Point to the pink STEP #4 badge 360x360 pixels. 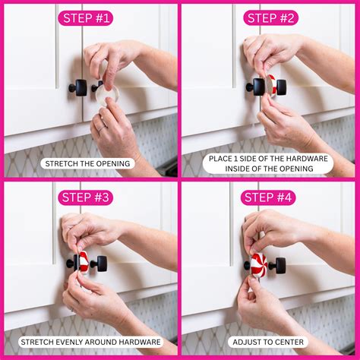[267, 198]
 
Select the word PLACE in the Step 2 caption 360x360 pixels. [223, 159]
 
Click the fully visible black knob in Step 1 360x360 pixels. [78, 87]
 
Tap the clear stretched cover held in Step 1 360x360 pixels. [108, 93]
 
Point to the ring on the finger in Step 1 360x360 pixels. [100, 127]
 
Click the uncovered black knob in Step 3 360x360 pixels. [99, 264]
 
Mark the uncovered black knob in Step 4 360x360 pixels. [279, 265]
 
